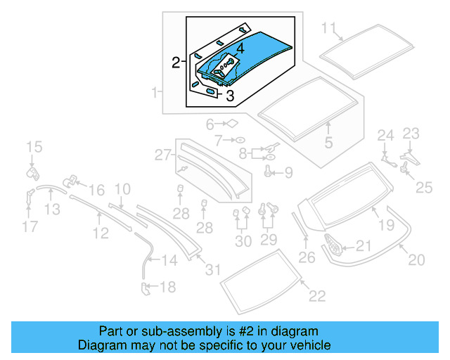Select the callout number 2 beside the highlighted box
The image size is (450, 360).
(x=176, y=63)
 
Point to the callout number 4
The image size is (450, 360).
(x=240, y=49)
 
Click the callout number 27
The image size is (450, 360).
(x=163, y=154)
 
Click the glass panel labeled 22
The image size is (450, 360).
(x=260, y=279)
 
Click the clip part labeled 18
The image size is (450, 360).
(x=146, y=288)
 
